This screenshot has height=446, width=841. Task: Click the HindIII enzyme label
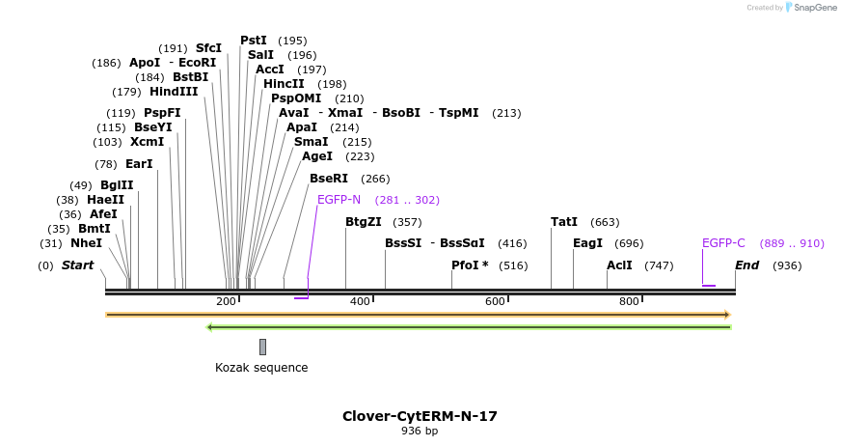[x=174, y=92]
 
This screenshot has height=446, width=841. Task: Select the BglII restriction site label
[x=117, y=185]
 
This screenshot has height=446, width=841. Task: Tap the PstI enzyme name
[x=254, y=41]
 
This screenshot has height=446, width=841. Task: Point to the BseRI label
[x=329, y=179]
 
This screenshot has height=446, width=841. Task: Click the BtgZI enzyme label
[x=364, y=222]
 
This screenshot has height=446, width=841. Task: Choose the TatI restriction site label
[x=564, y=222]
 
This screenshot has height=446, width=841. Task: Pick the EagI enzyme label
[x=587, y=243]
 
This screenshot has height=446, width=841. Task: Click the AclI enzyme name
[x=619, y=265]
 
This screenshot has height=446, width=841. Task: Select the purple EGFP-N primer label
[x=339, y=200]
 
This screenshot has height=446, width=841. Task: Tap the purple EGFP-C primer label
[x=723, y=243]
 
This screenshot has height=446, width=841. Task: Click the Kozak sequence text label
[x=261, y=368]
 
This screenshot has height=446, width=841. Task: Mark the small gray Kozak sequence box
[x=262, y=347]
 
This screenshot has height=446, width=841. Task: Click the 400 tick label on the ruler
[x=360, y=302]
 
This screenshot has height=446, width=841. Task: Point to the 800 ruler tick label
[x=629, y=302]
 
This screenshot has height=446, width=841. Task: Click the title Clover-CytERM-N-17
[x=420, y=416]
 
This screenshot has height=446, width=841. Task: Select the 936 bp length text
[x=420, y=431]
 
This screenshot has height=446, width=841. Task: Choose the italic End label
[x=747, y=265]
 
